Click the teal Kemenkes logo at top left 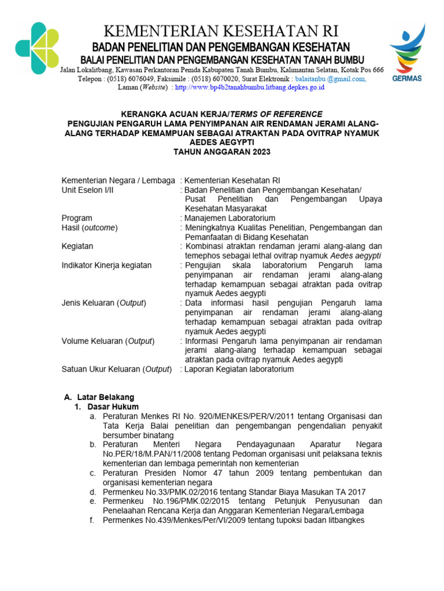38,48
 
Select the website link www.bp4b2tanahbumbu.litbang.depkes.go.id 249,87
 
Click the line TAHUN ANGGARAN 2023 222,152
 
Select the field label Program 77,218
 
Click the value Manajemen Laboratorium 230,218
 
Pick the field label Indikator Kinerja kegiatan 107,265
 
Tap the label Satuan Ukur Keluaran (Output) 116,369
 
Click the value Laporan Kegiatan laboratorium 239,369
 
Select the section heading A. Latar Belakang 99,397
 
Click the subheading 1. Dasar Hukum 106,406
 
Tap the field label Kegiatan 77,246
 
